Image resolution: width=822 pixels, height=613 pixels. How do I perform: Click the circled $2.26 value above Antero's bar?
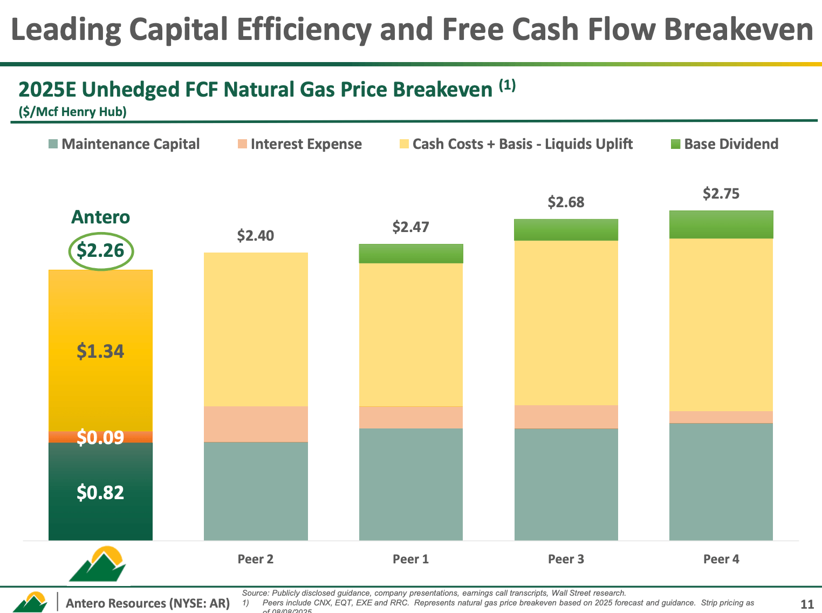(100, 251)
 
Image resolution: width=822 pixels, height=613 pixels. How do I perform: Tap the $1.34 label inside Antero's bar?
(100, 351)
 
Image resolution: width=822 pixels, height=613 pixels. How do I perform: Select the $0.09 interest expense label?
(100, 437)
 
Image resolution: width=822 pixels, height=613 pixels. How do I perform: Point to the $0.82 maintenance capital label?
(100, 492)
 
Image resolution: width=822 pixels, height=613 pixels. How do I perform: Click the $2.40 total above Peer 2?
(256, 236)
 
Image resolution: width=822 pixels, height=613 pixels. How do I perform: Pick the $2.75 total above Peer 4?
(721, 194)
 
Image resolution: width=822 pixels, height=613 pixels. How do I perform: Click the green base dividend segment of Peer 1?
(411, 254)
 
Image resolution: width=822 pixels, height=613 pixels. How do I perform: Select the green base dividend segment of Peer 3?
(566, 230)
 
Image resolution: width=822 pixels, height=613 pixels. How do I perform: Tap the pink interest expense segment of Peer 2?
(256, 424)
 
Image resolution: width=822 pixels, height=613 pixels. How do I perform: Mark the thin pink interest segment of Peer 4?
(721, 417)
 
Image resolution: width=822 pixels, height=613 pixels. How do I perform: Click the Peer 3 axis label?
(566, 559)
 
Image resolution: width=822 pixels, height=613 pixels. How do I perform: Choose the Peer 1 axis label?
(411, 559)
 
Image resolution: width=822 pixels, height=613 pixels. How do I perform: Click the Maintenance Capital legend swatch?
(53, 144)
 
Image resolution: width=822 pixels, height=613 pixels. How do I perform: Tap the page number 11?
(807, 604)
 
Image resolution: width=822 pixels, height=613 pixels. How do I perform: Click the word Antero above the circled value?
(100, 217)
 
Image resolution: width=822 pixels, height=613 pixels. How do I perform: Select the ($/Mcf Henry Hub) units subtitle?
(72, 112)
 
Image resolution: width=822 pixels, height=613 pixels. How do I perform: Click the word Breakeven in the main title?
(738, 29)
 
